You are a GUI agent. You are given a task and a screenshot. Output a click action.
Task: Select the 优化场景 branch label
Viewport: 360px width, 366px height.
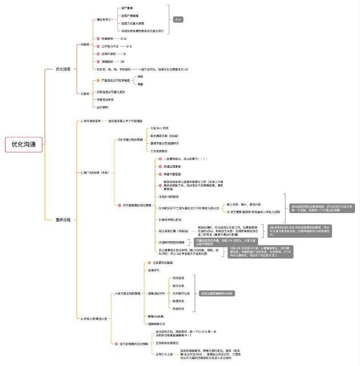point(63,69)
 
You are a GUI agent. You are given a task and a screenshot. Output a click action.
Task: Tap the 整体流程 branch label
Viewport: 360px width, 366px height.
point(63,220)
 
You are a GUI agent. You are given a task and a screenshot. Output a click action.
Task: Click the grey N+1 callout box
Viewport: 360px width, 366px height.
point(179,20)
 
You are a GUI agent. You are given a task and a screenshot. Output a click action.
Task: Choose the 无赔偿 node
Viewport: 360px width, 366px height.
point(84,93)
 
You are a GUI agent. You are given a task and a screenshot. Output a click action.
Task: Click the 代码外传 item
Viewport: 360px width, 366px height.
point(179,308)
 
